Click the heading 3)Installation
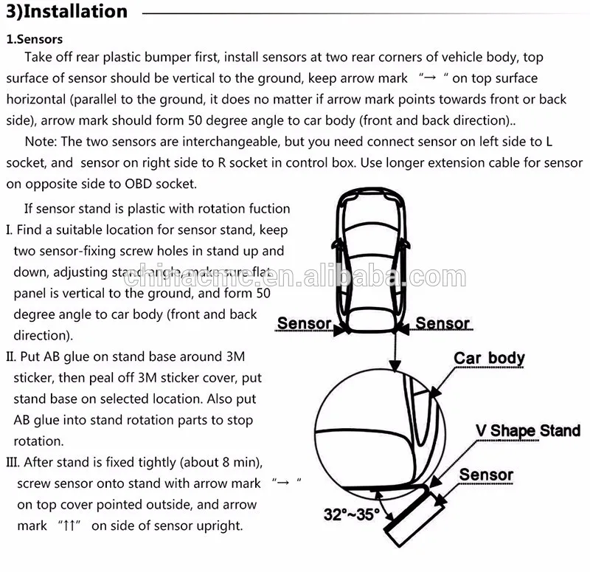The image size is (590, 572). pyautogui.click(x=66, y=12)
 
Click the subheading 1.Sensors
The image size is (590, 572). pyautogui.click(x=35, y=39)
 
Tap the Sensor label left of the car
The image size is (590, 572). pyautogui.click(x=304, y=323)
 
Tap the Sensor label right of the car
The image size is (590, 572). pyautogui.click(x=442, y=323)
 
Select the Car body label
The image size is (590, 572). pyautogui.click(x=489, y=359)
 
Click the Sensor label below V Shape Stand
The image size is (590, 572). pyautogui.click(x=486, y=475)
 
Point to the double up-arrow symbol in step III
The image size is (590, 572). pyautogui.click(x=68, y=526)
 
